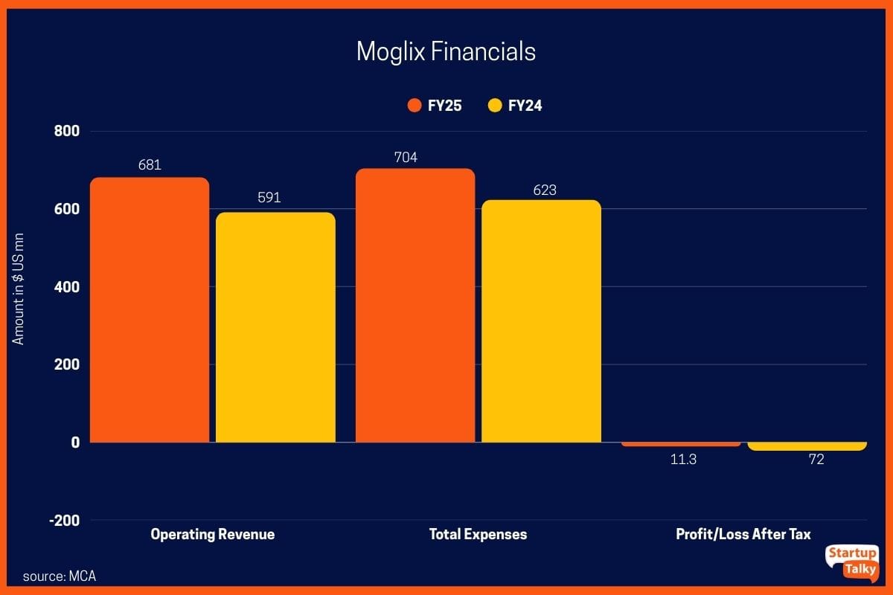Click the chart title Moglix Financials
(x=446, y=51)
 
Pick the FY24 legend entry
(x=515, y=106)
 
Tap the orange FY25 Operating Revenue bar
(x=150, y=309)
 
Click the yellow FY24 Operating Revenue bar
(x=275, y=327)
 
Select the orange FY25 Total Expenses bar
(x=415, y=305)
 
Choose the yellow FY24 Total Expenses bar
(x=541, y=321)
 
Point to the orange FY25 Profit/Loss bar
(x=682, y=444)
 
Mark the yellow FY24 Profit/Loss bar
(x=807, y=446)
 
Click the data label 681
(x=150, y=165)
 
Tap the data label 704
(x=406, y=157)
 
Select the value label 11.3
(x=682, y=460)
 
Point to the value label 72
(x=816, y=460)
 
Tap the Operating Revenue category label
(x=212, y=534)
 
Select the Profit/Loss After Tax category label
(x=743, y=534)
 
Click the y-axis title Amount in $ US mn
(x=19, y=287)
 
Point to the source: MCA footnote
(x=59, y=576)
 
